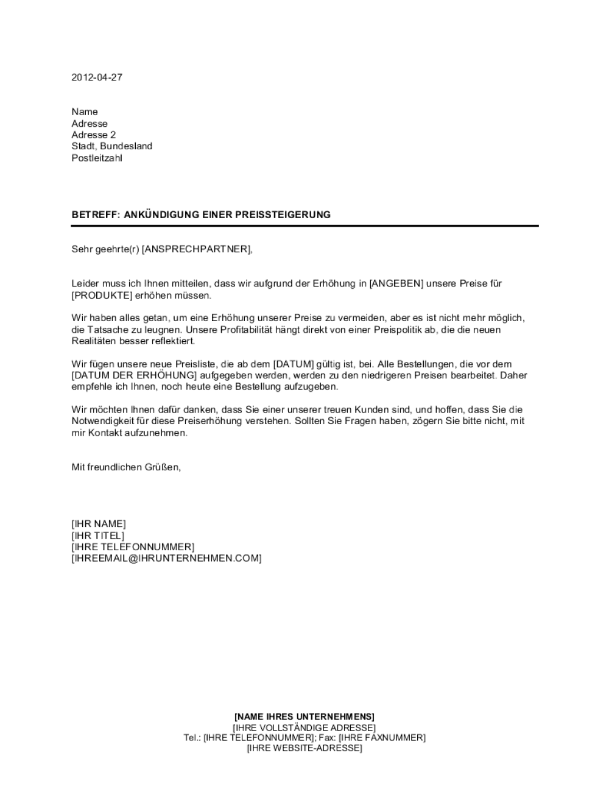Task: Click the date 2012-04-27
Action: (x=97, y=77)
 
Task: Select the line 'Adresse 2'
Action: (x=93, y=135)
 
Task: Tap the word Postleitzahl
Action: (x=97, y=158)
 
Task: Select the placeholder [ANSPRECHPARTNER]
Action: (x=195, y=249)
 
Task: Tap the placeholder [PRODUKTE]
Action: (x=102, y=296)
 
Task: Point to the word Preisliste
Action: (x=194, y=364)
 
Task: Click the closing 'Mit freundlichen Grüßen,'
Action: (x=126, y=467)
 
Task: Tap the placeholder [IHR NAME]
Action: (x=99, y=524)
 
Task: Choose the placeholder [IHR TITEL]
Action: (x=97, y=536)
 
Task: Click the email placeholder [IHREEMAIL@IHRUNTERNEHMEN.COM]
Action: (x=166, y=558)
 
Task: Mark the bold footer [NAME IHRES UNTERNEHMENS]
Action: (x=304, y=716)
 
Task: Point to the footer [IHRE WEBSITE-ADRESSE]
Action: (x=304, y=748)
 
